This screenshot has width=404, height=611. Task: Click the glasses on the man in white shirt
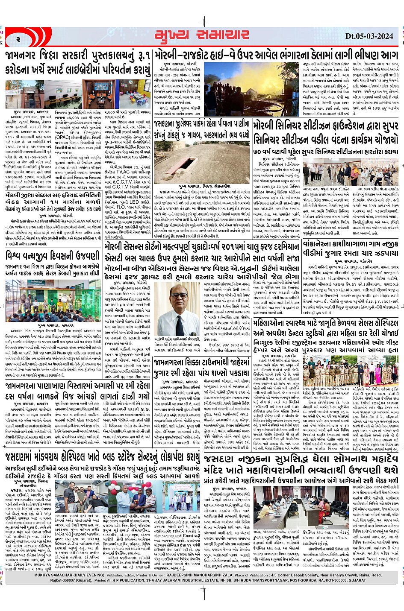(179, 295)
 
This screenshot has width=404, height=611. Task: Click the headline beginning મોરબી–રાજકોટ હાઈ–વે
(276, 56)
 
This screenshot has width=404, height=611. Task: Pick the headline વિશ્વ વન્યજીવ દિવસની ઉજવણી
(53, 256)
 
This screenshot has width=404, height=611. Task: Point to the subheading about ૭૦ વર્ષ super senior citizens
(326, 152)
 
